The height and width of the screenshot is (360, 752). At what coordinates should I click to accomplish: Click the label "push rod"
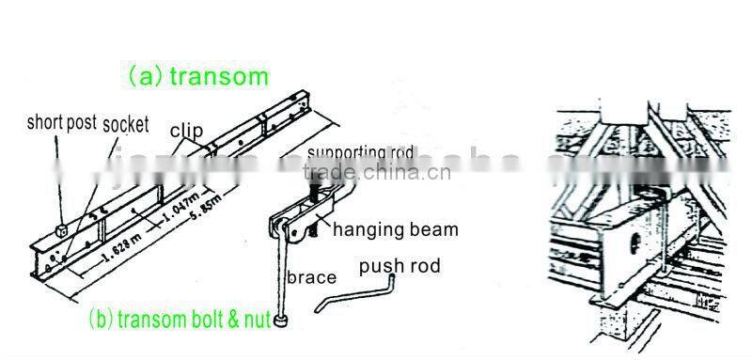tap(399, 266)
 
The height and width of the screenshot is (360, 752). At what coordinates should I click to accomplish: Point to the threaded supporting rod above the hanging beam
tap(310, 183)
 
